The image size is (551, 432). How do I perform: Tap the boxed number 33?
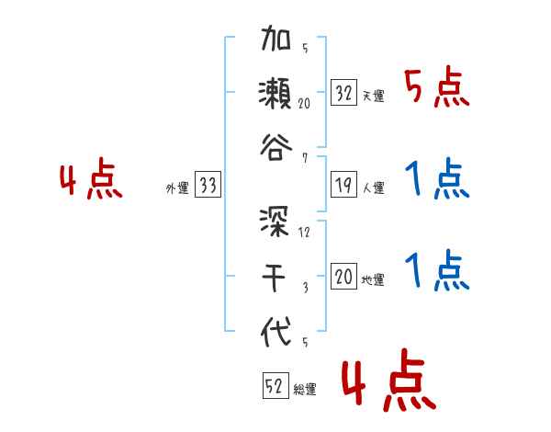pos(208,186)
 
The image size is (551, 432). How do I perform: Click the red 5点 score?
pos(437,89)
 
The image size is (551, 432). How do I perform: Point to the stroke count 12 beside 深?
pos(305,232)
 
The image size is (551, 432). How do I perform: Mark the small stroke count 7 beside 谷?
pos(304,157)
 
